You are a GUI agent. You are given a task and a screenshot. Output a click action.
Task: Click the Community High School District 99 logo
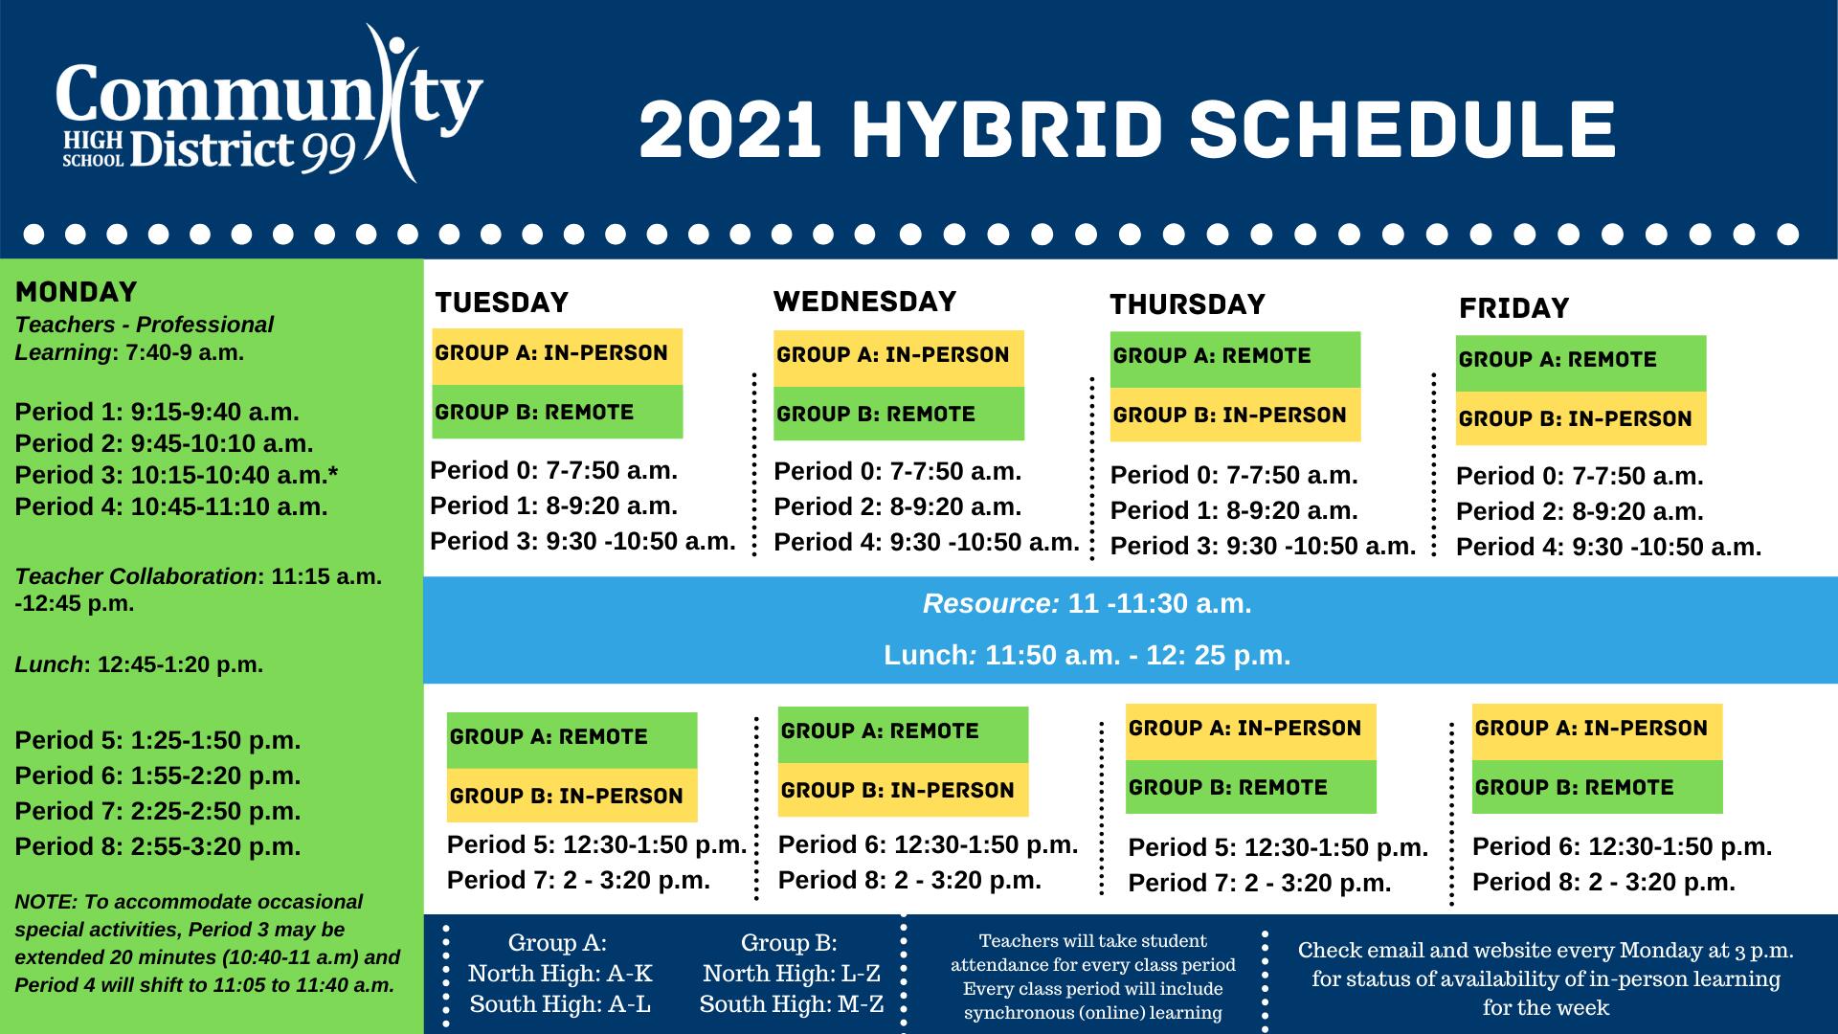pos(269,103)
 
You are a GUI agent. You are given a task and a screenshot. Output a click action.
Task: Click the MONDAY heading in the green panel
pos(77,292)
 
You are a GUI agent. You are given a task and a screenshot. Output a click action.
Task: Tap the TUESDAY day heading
pos(502,303)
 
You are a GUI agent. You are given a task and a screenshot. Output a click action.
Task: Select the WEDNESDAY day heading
pos(864,302)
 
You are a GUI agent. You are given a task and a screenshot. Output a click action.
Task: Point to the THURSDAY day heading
pos(1187,304)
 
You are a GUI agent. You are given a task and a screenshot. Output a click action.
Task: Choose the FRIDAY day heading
pos(1513,308)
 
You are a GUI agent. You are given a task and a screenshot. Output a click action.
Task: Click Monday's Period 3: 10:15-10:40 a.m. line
pos(177,475)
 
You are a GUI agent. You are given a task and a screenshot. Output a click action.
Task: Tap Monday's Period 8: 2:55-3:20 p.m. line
pos(158,846)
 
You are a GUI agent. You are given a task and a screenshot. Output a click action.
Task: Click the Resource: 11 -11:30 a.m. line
pos(1087,604)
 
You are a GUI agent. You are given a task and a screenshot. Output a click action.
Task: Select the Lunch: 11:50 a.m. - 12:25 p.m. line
pos(1087,656)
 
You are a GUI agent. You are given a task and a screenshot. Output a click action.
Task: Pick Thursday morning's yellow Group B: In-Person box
pos(1235,415)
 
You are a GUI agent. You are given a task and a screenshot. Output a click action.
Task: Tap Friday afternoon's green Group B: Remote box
pos(1597,787)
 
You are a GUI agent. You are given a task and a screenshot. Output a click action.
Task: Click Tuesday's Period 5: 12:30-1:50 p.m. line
pos(596,844)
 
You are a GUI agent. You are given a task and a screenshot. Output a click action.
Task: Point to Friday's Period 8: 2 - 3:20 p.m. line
pos(1603,882)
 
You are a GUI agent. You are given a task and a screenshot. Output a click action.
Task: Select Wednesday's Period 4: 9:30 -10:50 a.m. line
pos(927,543)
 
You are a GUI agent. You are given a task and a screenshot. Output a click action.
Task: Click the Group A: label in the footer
pos(557,943)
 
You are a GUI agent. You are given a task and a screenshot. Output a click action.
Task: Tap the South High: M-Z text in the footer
pos(792,1004)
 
